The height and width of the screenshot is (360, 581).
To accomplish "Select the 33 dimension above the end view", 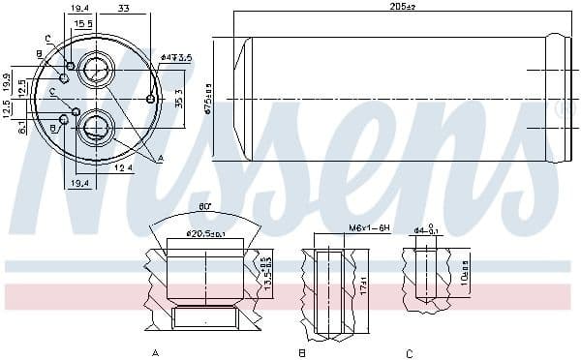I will tap(124, 8).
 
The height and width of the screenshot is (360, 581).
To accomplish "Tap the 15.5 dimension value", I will tap(84, 23).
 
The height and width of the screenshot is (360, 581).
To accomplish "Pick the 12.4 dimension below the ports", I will tap(121, 169).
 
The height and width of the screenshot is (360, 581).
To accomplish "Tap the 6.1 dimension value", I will tap(21, 127).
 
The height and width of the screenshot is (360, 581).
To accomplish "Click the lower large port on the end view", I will tap(97, 126).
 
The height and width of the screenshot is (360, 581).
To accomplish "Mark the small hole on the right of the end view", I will tap(150, 99).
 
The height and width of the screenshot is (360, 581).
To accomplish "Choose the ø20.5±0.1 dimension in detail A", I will tap(204, 233).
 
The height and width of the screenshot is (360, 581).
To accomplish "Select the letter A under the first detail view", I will tap(155, 352).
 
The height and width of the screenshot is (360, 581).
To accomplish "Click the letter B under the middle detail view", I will tap(302, 352).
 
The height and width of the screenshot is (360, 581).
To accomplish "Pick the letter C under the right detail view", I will tap(410, 352).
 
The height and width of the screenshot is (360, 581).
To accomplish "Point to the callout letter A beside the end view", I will tap(161, 158).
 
